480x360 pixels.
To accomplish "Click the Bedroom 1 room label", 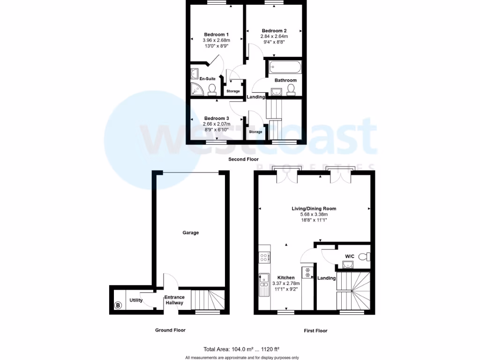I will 216,34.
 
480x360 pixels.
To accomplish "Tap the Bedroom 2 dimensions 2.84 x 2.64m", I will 274,36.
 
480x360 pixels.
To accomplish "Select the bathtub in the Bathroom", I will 285,67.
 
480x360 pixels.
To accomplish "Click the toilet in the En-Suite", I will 212,89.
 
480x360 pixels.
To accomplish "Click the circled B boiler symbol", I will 118,306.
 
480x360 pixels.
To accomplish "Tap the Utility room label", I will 136,300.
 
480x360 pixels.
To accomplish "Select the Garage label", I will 191,232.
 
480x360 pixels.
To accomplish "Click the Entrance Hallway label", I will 174,300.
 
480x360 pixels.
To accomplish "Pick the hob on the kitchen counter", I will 263,257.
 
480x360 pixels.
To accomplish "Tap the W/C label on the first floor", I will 350,256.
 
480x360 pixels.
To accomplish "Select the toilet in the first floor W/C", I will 367,256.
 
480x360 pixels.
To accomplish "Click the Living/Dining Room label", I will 314,209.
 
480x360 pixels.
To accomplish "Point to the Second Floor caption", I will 243,159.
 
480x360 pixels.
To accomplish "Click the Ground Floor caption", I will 170,330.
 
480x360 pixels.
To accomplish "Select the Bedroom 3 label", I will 216,118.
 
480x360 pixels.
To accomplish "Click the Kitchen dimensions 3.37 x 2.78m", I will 286,283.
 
